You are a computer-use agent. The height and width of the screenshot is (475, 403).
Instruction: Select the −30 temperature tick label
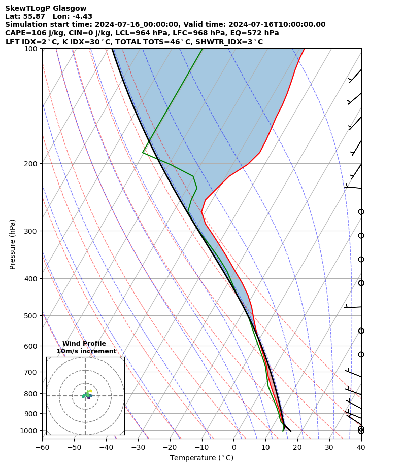[x=138, y=447]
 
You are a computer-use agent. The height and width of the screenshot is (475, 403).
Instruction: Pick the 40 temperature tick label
[x=361, y=447]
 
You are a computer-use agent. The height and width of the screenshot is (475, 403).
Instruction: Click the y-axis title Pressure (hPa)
[x=13, y=244]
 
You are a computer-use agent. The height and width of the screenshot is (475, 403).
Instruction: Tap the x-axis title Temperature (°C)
[x=201, y=458]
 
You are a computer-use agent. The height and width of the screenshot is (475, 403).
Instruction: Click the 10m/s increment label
[x=86, y=351]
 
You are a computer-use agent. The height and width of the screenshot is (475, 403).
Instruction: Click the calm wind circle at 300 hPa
[x=361, y=236]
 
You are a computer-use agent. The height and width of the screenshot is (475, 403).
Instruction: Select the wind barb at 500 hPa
[x=353, y=307]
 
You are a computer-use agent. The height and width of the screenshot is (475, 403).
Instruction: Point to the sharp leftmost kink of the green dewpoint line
[x=143, y=152]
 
